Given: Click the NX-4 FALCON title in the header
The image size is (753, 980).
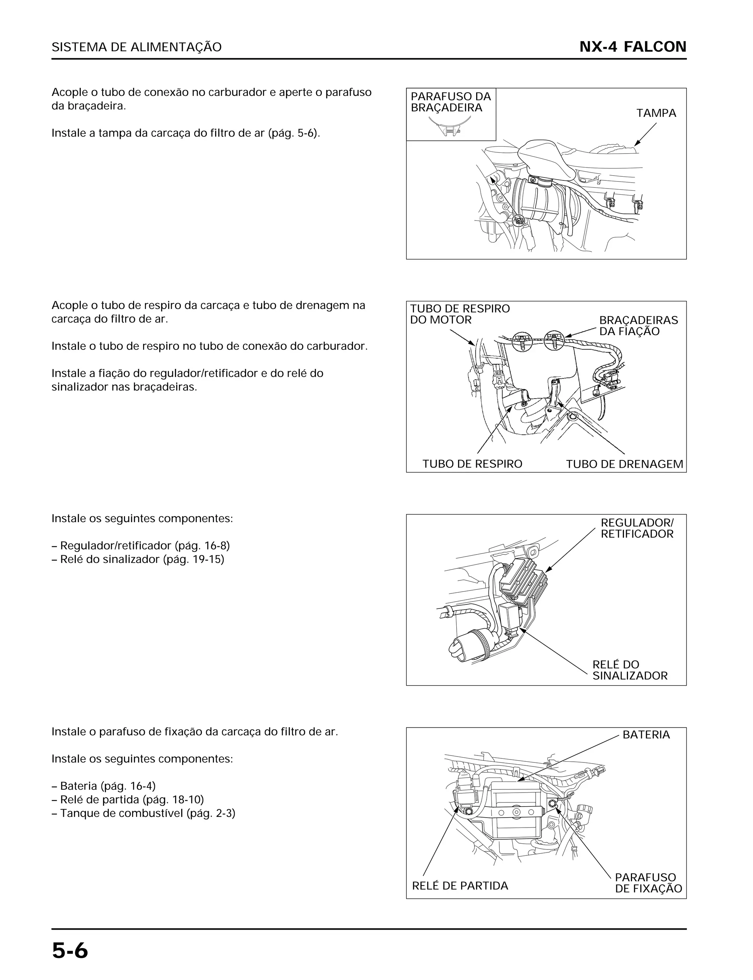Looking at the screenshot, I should (632, 47).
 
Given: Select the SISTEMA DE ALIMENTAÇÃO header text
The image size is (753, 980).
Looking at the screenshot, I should (136, 47).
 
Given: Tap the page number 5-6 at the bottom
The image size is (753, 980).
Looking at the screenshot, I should (70, 951).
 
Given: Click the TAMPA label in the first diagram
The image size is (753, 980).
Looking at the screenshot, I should (656, 113).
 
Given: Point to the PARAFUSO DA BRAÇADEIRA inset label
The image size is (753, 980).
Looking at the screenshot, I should (450, 102).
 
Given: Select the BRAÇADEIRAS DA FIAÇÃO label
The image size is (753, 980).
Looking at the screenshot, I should (638, 326).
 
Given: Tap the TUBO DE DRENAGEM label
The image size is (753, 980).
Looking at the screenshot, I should (624, 464).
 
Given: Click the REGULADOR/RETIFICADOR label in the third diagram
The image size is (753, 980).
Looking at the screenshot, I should (636, 528).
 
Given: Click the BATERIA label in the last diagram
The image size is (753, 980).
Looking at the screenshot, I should (646, 735).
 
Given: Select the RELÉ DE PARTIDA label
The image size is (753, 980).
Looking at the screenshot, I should (460, 886).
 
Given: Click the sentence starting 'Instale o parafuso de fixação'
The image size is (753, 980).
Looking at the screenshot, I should (195, 731).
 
